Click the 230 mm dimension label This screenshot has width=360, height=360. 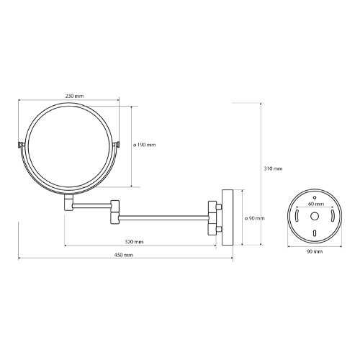75,96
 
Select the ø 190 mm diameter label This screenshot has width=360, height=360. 145,145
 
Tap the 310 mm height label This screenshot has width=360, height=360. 273,168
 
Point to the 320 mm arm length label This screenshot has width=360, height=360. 134,242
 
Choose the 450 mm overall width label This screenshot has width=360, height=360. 123,255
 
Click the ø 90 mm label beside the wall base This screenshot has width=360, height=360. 254,218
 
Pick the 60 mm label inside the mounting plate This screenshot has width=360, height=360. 316,204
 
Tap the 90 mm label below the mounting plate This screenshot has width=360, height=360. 315,251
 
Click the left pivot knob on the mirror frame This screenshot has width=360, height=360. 20,145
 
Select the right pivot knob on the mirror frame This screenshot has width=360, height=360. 117,145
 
